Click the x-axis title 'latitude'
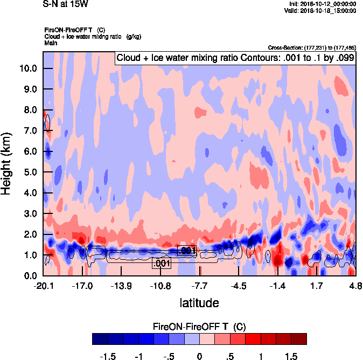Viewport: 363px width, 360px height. click(x=199, y=303)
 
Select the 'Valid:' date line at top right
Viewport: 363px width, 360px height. click(x=320, y=10)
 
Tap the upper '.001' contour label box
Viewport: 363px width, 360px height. click(x=186, y=251)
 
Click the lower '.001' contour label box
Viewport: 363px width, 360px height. click(x=162, y=264)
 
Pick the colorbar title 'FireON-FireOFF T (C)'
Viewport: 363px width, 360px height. click(x=199, y=326)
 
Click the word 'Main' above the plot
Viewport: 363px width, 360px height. click(x=50, y=43)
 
